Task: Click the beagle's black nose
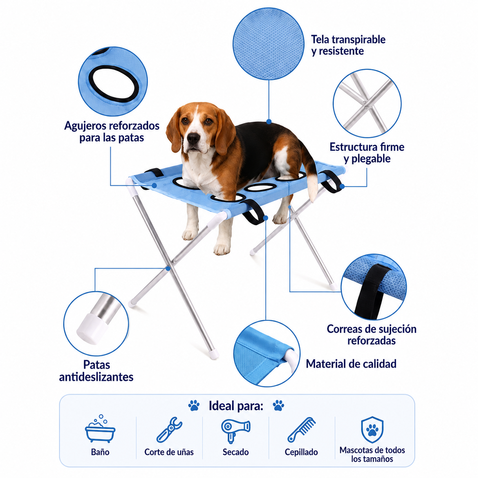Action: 194,138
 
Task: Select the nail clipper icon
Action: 169,430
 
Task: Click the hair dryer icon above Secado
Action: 236,430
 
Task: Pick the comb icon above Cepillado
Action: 302,430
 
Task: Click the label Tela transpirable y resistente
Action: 348,45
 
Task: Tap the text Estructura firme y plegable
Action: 367,153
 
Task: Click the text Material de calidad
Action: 351,364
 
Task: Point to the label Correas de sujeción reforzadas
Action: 371,335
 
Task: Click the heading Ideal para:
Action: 236,406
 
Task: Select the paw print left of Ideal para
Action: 194,405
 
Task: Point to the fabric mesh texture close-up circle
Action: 268,44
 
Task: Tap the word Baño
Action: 100,452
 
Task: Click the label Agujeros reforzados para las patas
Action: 112,132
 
